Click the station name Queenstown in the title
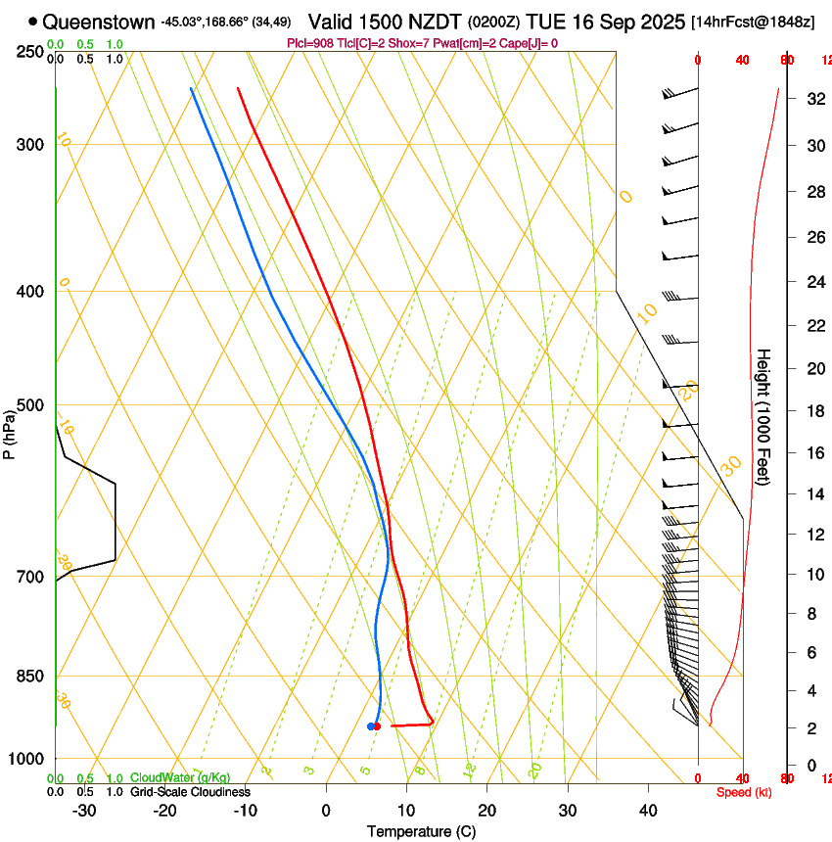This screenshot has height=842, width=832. pos(98,21)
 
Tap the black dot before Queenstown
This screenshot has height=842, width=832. pos(33,21)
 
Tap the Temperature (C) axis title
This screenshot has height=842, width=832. pos(421,831)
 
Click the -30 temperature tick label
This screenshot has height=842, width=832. pos(84,811)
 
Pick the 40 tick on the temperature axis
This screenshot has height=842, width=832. pos(647,811)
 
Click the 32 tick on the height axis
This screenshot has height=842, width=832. pos(812,99)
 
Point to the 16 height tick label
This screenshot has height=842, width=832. pos(812,453)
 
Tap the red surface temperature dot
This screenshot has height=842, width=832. pos(377,725)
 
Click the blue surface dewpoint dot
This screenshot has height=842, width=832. pos(371,725)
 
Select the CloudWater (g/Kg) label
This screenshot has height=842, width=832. pos(180,777)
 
